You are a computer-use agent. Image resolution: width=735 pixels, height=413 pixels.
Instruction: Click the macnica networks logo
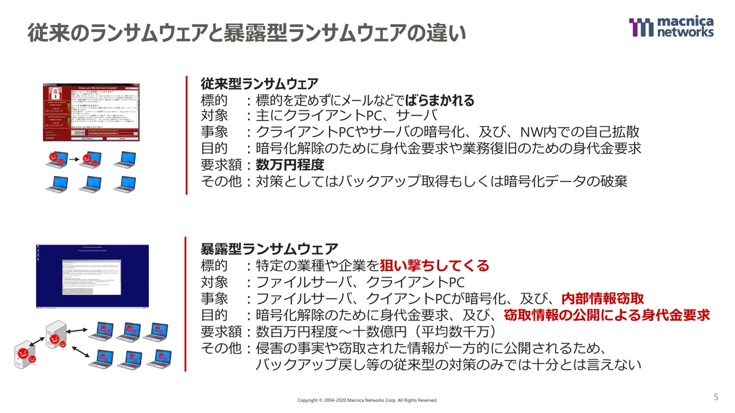click(671, 27)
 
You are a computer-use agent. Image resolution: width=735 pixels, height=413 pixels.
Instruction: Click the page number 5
click(716, 397)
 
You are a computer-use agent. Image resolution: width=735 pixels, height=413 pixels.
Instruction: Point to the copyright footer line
click(367, 400)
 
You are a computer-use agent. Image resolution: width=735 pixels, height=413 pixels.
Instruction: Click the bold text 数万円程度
click(290, 165)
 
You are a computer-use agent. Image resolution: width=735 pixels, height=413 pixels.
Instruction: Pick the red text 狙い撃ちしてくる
click(435, 266)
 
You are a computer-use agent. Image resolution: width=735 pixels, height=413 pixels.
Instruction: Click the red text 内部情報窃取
click(603, 299)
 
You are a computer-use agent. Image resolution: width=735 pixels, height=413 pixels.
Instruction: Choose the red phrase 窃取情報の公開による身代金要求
click(607, 315)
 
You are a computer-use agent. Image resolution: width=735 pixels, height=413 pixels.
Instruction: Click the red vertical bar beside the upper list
click(186, 135)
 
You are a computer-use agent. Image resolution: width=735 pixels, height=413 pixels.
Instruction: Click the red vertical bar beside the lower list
click(186, 304)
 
